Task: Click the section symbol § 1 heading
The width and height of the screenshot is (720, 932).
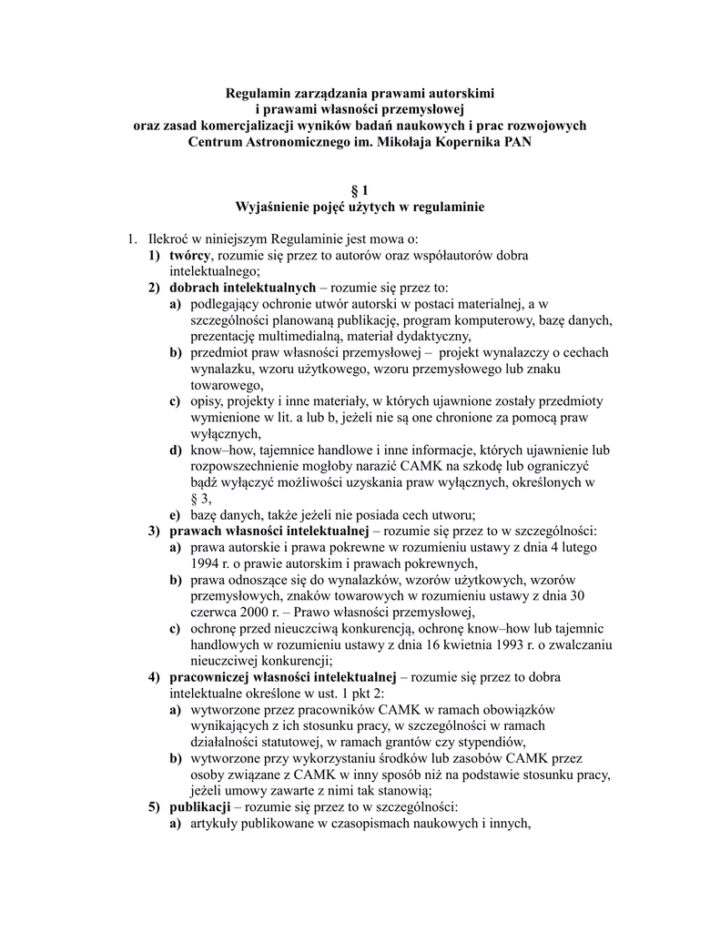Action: click(x=360, y=190)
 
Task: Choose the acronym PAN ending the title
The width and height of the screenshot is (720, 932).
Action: click(x=516, y=142)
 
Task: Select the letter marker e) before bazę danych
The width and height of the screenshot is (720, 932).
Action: click(x=175, y=514)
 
